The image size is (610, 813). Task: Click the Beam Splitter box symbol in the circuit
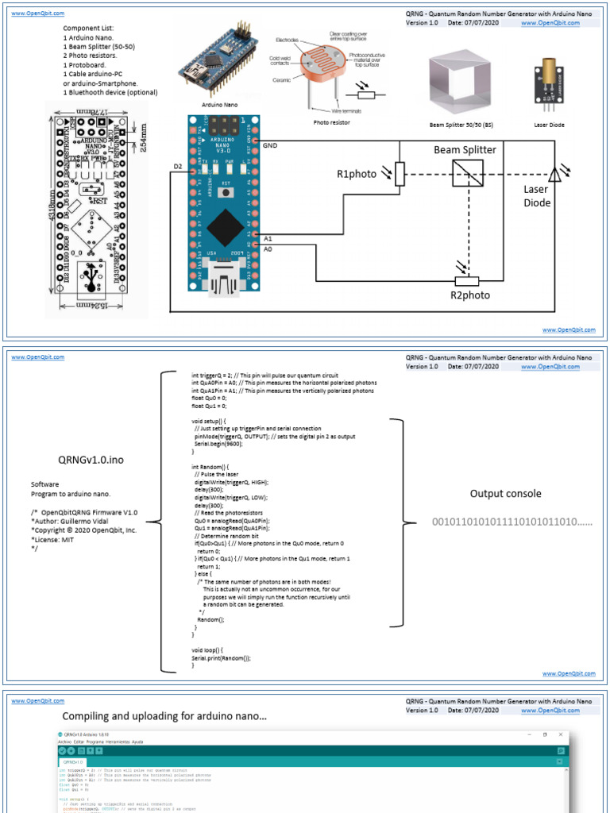[467, 172]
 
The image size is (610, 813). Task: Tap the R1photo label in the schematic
[357, 174]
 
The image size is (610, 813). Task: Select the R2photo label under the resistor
[470, 295]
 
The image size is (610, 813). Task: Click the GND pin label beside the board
[270, 145]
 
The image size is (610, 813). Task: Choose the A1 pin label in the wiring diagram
[268, 237]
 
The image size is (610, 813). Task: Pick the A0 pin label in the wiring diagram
[268, 249]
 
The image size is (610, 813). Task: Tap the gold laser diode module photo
[548, 81]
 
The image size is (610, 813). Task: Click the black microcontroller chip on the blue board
[225, 225]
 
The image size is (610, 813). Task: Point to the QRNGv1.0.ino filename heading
[91, 459]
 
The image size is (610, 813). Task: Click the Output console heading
[505, 493]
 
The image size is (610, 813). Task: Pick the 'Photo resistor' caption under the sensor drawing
[331, 123]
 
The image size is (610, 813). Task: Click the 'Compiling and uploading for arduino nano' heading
[164, 716]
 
